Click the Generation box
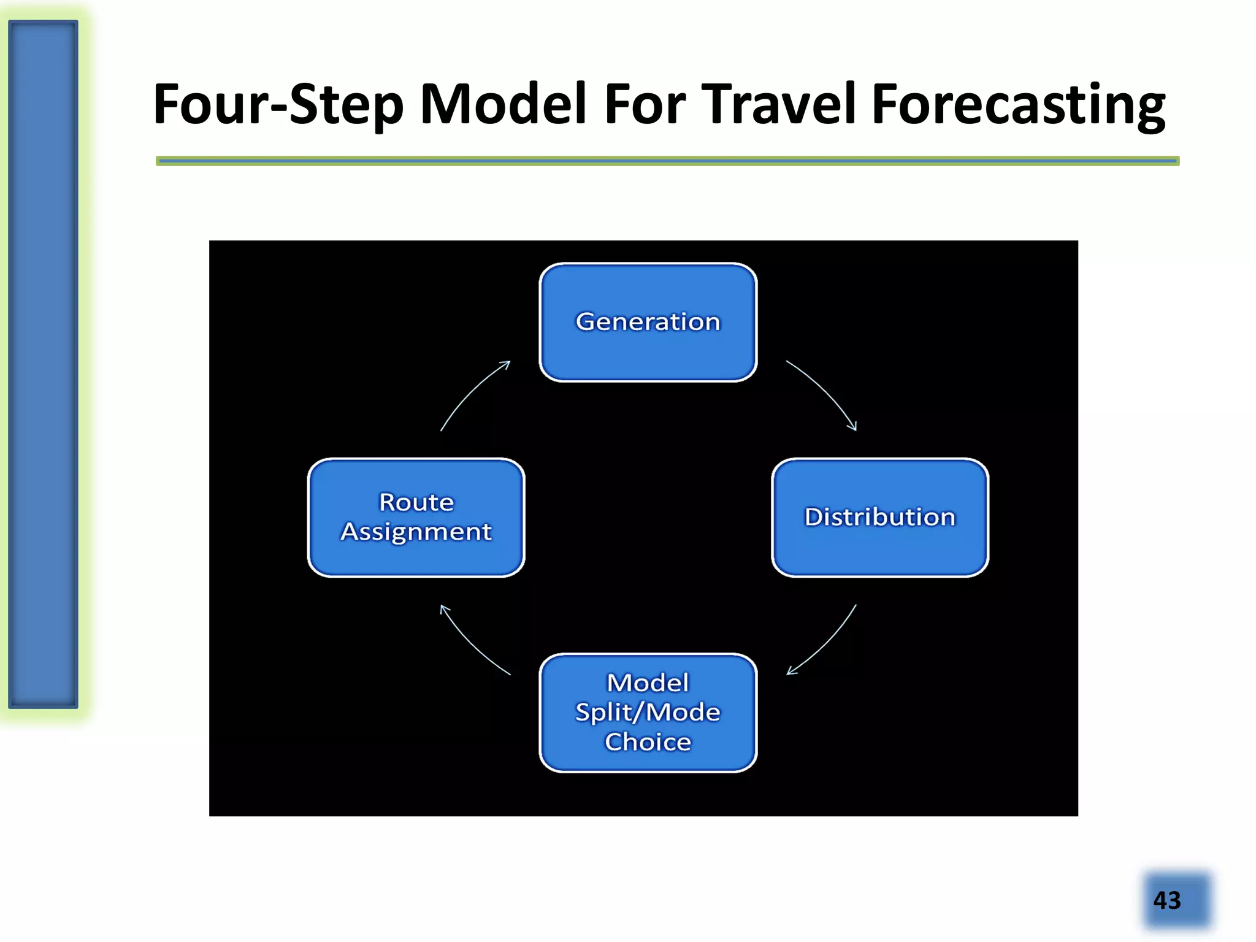click(648, 323)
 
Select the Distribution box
click(879, 517)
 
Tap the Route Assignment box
click(416, 517)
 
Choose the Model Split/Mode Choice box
click(648, 712)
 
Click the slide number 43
click(1166, 900)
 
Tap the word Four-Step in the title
click(278, 104)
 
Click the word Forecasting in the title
click(1018, 104)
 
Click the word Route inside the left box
click(416, 502)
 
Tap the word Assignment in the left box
click(416, 532)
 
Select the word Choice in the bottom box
click(648, 742)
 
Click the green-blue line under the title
click(667, 161)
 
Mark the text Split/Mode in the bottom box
click(648, 713)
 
